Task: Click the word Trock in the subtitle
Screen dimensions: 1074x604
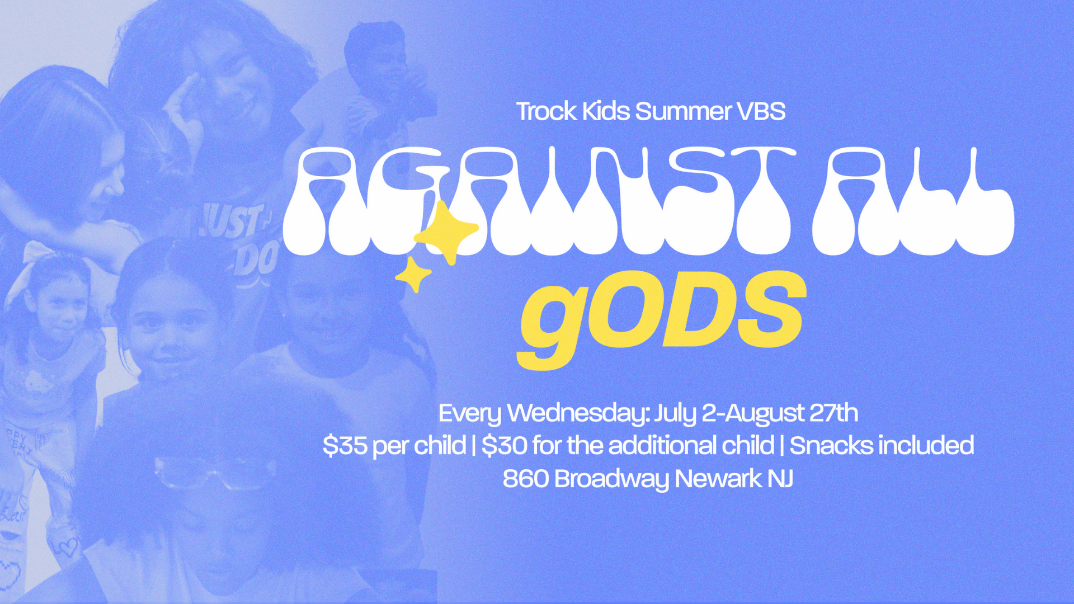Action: [546, 111]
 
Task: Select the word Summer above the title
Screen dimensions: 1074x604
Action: [684, 111]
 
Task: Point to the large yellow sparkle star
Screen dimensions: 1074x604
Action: [446, 232]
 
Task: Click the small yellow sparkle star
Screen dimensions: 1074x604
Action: [413, 275]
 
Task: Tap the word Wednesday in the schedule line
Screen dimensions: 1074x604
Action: [578, 413]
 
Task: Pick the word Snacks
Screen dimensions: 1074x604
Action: [831, 445]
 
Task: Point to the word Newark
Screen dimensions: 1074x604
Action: [718, 479]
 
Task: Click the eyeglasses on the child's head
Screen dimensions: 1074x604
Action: [215, 473]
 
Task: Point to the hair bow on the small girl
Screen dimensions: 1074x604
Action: [42, 254]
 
